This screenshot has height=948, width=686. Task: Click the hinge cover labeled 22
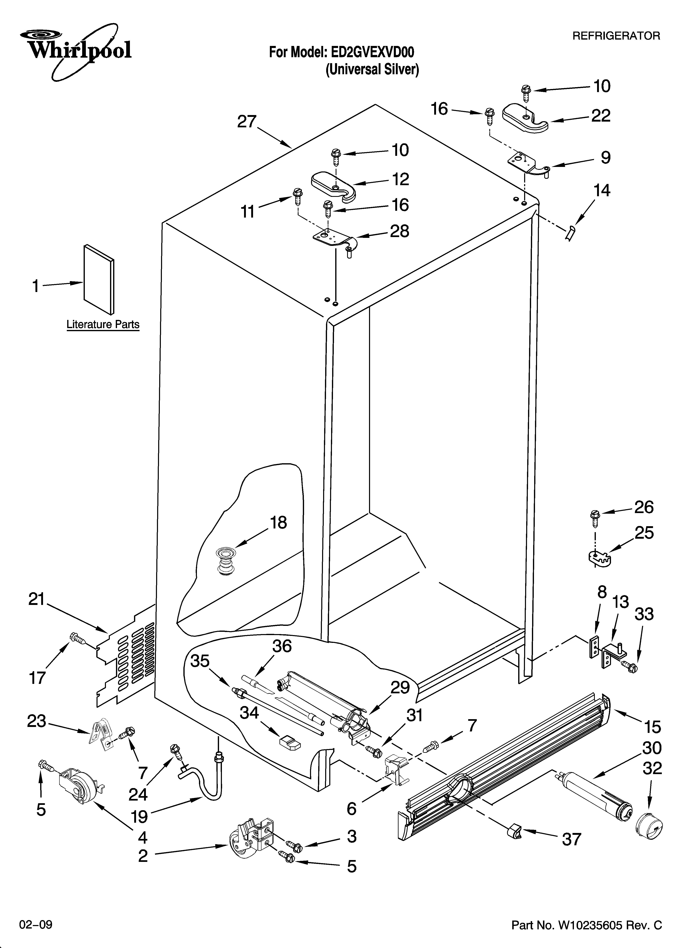pyautogui.click(x=525, y=118)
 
